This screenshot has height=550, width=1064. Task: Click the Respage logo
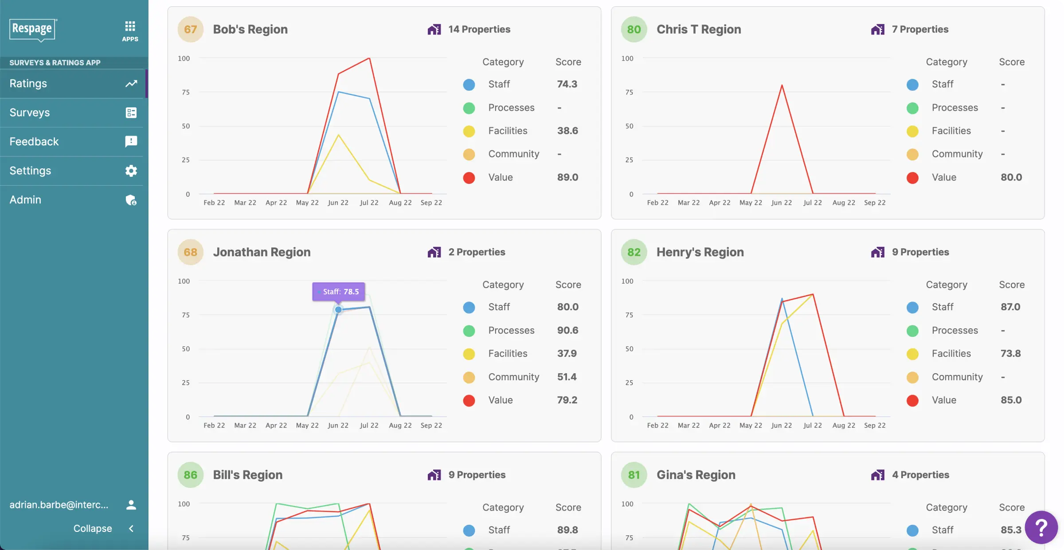32,29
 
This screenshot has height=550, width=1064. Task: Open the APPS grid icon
130,31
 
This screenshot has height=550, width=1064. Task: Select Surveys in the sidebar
30,113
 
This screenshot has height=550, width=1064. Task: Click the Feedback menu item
34,141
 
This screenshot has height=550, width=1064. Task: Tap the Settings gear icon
131,171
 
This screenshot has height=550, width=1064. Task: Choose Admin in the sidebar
25,199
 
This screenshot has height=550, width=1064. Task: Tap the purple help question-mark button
1041,527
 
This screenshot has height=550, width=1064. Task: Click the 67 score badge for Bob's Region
190,29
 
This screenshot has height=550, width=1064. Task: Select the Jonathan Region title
262,252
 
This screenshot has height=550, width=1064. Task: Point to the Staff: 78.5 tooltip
339,292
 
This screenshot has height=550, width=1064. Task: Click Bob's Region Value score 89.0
567,177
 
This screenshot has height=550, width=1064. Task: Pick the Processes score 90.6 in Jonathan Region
567,330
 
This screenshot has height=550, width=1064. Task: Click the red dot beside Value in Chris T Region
912,178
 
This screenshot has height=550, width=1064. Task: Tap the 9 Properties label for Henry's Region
920,252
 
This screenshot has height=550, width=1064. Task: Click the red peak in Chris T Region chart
782,85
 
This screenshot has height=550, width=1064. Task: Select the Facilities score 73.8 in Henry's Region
1010,354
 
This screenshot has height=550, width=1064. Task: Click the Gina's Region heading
696,475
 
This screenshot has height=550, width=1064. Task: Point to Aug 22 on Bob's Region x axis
400,203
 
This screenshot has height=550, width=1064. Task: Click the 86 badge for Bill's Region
190,475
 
